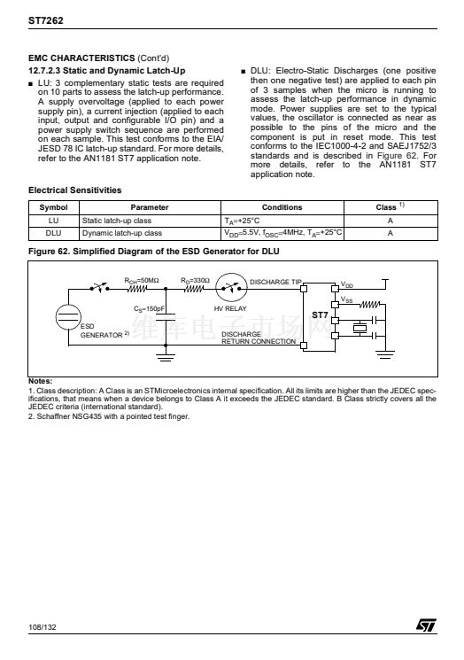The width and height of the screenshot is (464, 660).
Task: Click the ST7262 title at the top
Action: [46, 20]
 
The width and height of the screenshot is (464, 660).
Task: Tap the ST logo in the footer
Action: [426, 625]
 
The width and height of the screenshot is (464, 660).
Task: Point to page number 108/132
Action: [43, 627]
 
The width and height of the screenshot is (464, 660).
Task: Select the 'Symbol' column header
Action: [53, 207]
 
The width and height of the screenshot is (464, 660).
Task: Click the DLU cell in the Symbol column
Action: [53, 233]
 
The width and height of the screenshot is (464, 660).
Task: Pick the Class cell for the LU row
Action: [391, 221]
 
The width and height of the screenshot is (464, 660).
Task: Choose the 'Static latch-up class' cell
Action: [117, 221]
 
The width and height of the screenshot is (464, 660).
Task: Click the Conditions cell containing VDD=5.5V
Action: [282, 233]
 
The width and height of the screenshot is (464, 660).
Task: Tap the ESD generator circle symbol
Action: [68, 317]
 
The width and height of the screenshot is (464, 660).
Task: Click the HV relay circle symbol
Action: [231, 288]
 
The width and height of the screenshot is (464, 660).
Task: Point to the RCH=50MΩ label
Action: [142, 281]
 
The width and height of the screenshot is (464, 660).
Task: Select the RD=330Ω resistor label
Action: [195, 281]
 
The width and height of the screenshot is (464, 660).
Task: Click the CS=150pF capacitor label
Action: [150, 309]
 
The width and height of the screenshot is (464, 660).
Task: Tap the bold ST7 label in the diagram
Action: [320, 314]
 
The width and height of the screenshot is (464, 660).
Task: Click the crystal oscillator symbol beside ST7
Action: [360, 328]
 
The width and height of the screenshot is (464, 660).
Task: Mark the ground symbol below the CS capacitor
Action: [166, 358]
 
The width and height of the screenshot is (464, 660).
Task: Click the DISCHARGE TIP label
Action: [275, 282]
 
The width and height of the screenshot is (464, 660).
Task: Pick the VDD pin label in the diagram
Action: [347, 285]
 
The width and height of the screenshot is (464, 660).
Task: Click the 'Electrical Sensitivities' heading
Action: [75, 190]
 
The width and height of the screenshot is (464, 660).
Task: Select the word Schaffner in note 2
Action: [50, 416]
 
